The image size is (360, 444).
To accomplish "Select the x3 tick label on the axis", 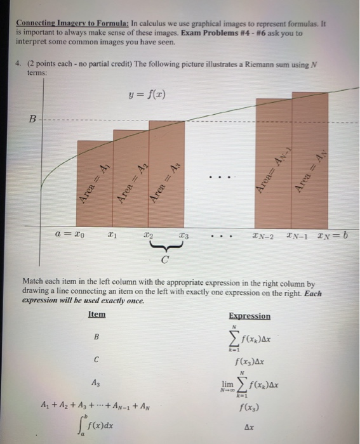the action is [183, 234].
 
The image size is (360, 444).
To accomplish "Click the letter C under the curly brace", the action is [166, 258].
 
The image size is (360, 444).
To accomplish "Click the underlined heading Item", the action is [97, 315].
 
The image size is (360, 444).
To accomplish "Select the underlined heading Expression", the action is [249, 316].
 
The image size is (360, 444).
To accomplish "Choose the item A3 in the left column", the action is [96, 382].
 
